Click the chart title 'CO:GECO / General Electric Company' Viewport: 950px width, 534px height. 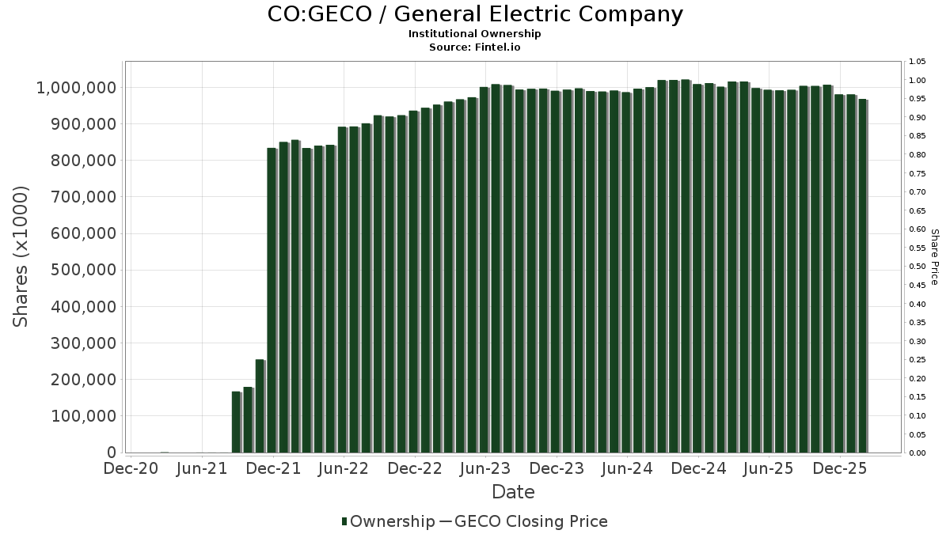[x=474, y=14]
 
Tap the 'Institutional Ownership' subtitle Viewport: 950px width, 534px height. [x=474, y=34]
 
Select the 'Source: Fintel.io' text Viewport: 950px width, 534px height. [x=474, y=47]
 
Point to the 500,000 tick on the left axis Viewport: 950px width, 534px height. [x=77, y=270]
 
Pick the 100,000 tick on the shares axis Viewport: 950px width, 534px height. [x=77, y=416]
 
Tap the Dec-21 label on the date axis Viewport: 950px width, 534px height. [x=273, y=468]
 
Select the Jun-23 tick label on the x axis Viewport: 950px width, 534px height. [x=485, y=468]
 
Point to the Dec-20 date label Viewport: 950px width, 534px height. [x=131, y=468]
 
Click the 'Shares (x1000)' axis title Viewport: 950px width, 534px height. [x=21, y=256]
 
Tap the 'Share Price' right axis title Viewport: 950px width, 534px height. [x=934, y=256]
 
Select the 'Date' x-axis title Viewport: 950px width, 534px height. [x=513, y=492]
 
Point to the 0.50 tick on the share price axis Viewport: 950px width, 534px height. [x=918, y=267]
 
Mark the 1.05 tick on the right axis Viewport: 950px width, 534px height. [x=918, y=62]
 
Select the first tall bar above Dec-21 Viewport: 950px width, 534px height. [x=272, y=301]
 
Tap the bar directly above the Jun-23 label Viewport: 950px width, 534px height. [x=484, y=269]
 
